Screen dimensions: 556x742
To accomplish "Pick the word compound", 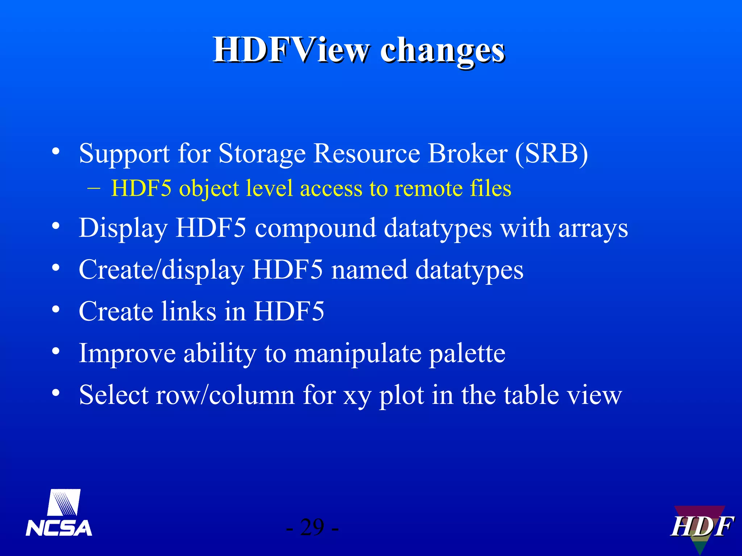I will [x=315, y=229].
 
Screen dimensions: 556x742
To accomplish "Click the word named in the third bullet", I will [x=369, y=270].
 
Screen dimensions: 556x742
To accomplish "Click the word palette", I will [x=467, y=354].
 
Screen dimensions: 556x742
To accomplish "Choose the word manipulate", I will [x=358, y=354].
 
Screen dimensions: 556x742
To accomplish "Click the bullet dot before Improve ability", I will [x=55, y=351].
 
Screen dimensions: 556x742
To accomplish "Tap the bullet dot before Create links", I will [x=55, y=309].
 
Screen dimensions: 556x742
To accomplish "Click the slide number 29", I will [x=312, y=527].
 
